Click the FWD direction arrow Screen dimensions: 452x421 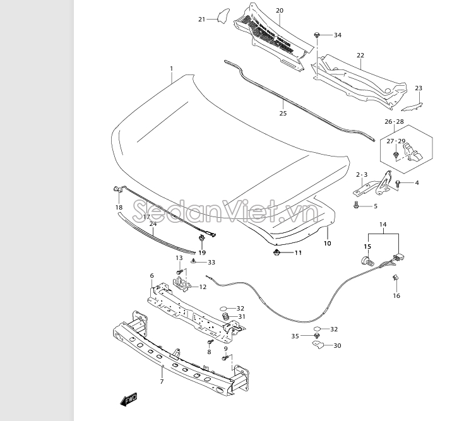coord(129,400)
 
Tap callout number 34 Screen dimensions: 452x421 coord(338,35)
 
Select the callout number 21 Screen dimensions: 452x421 coord(201,20)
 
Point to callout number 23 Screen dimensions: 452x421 coord(419,88)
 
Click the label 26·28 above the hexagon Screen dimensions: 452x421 coord(394,122)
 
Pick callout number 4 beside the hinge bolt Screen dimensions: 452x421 coord(417,182)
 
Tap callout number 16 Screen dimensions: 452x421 coord(396,295)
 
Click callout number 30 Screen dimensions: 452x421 coord(337,345)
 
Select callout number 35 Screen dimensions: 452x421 coord(295,336)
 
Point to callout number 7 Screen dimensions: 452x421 coord(162,381)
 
